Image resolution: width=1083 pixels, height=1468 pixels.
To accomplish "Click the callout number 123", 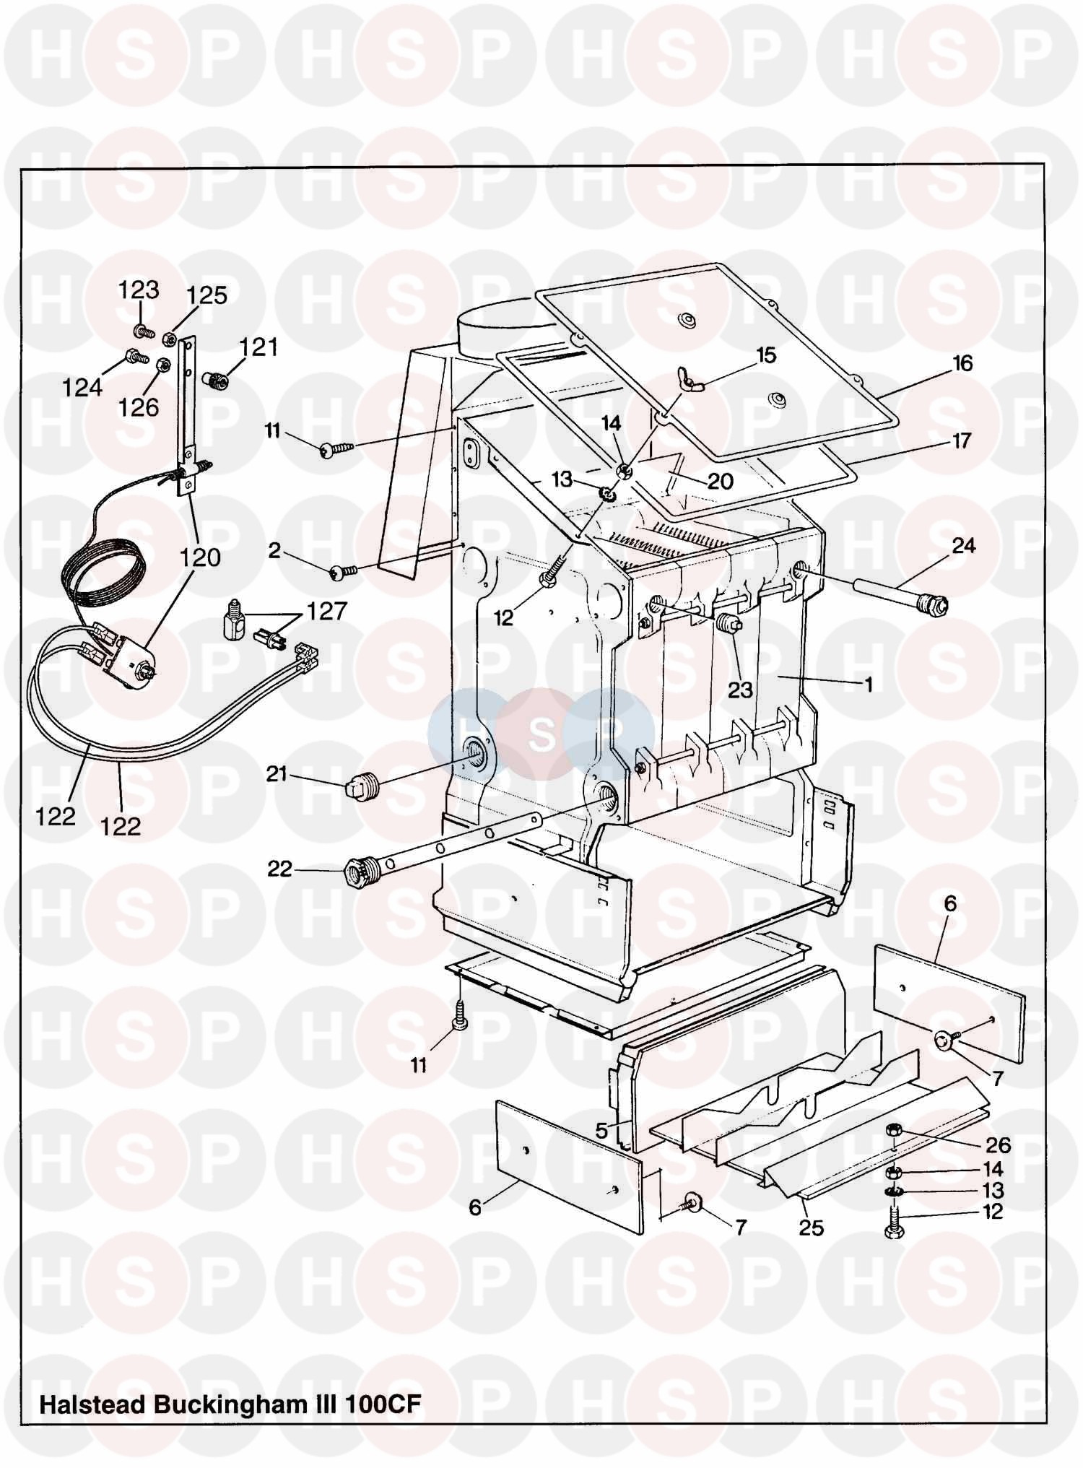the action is pos(139,290).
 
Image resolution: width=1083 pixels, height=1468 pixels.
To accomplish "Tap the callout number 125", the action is pos(206,295).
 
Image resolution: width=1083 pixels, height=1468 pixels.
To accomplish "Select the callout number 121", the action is pos(258,347).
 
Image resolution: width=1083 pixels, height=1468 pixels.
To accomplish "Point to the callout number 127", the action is pos(327,612).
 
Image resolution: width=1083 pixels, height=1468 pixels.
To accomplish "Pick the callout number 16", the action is pos(962,363).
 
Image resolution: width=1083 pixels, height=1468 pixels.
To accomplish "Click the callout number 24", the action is pos(963,546).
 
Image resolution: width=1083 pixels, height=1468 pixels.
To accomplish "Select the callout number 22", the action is pos(280,869).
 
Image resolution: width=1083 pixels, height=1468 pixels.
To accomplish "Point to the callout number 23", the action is pos(740,690).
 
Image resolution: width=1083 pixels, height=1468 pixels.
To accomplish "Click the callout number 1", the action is pos(869,684).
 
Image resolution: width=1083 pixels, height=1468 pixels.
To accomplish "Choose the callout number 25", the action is pos(812,1228).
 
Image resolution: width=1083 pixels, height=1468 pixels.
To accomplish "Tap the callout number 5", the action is pos(601,1131).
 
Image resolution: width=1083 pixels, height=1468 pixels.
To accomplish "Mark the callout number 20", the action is pos(720,481).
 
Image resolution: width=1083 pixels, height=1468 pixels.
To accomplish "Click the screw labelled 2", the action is pos(344,572).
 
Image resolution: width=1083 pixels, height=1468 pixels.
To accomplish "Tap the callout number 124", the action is pos(82,388).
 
